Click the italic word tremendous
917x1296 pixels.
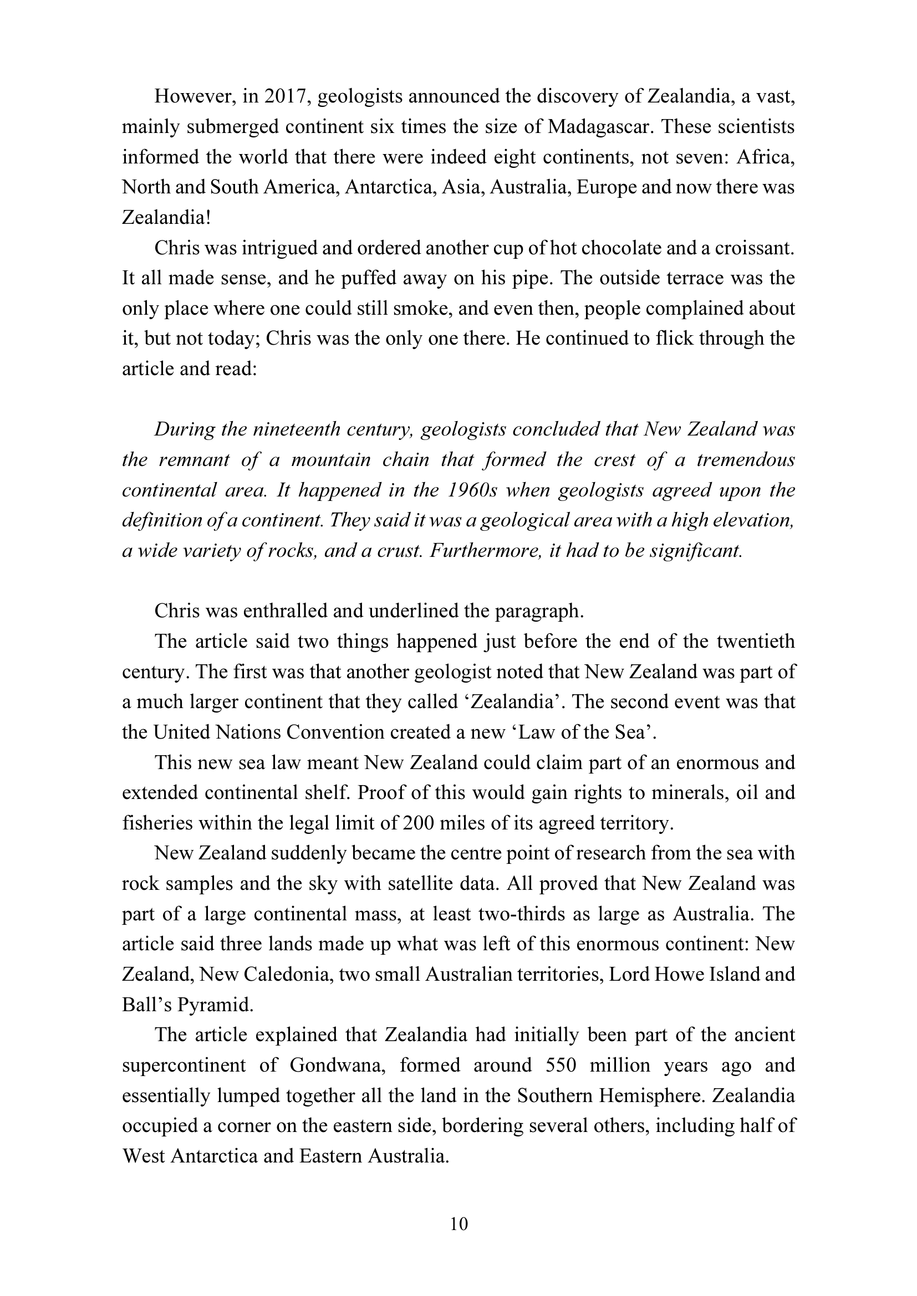coord(745,460)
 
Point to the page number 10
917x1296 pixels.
coord(459,1224)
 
